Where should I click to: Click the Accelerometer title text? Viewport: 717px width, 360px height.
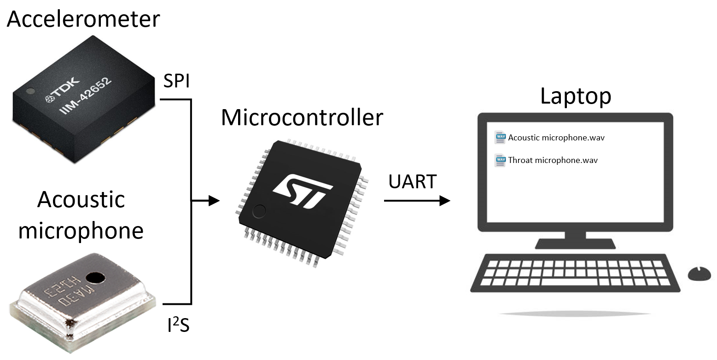83,19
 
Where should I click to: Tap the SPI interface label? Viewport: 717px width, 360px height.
177,83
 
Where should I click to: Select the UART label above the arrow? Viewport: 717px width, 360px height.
412,182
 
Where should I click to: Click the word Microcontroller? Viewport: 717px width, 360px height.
302,118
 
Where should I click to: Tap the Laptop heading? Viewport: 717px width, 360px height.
576,97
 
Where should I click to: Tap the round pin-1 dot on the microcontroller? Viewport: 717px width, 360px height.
259,211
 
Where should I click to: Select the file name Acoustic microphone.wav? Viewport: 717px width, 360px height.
556,137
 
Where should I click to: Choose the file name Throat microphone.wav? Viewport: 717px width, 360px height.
553,160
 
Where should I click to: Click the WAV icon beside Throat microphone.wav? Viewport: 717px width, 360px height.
500,161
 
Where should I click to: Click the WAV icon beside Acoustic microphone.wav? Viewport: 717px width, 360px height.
500,137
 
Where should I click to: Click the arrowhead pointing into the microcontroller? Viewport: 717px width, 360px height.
213,201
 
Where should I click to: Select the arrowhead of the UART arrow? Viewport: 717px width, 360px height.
444,201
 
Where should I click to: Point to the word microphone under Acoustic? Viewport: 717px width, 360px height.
81,230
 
